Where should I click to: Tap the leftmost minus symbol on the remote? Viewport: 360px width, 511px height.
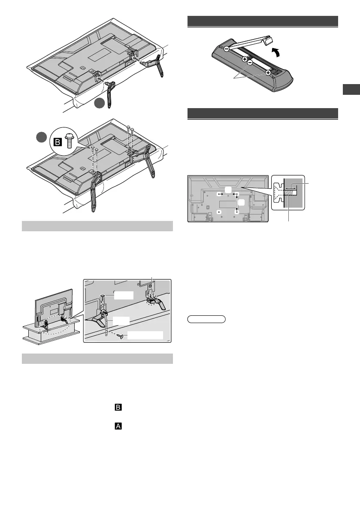[226, 49]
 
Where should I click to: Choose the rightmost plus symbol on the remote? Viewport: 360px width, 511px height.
[268, 73]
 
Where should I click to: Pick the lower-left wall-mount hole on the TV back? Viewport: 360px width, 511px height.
[219, 212]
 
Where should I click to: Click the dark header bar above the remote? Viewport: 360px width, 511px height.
[263, 21]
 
